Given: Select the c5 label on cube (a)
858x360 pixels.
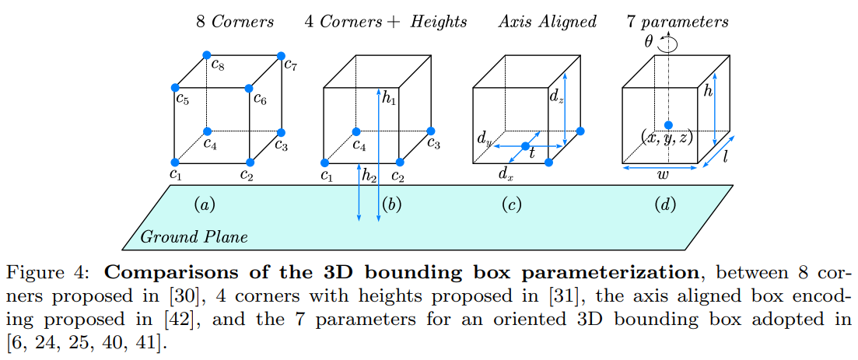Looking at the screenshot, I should (x=182, y=99).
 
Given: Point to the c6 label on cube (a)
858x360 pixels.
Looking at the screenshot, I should (x=261, y=99).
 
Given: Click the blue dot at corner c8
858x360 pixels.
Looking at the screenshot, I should (x=206, y=55).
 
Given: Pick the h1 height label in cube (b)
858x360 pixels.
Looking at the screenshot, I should (x=390, y=97).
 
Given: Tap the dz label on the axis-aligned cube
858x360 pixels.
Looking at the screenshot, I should (x=555, y=97).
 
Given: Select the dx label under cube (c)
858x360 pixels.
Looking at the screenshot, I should (x=506, y=175).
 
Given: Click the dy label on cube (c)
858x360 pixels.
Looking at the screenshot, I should (x=483, y=140).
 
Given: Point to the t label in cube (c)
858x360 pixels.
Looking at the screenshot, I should (x=532, y=154).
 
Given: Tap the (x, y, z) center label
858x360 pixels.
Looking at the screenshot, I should (x=667, y=138).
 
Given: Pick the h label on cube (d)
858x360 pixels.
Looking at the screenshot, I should (x=708, y=92).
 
